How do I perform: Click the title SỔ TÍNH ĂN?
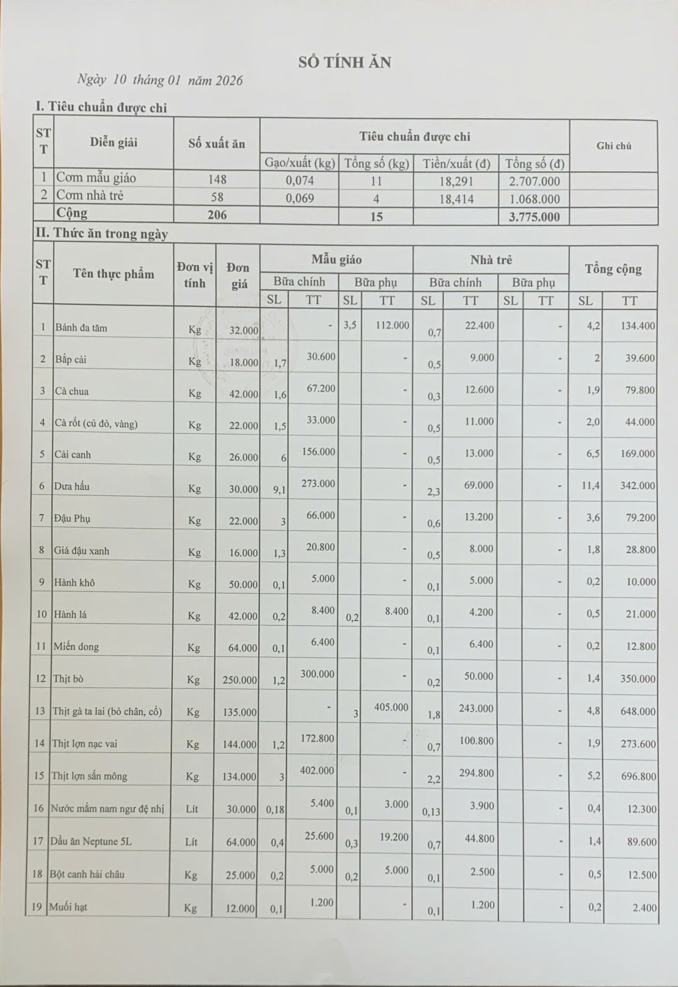coord(344,63)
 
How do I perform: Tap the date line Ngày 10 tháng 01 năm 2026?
coord(160,80)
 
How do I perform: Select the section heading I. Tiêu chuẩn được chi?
coord(101,107)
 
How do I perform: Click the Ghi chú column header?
coord(614,146)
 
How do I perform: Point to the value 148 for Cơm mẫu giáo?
coord(217,179)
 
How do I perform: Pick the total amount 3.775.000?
coord(534,217)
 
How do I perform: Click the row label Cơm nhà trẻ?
coord(90,195)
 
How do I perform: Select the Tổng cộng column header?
coord(613,269)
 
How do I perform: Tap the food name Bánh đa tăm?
coord(81,328)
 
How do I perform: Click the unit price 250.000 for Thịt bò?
coord(240,680)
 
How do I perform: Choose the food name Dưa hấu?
coord(71,486)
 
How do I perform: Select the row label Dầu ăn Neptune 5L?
coord(91,841)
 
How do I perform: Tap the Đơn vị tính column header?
coord(195,275)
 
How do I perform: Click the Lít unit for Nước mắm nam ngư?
coord(192,808)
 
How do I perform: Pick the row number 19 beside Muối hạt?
coord(37,907)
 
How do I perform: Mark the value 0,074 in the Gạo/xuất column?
coord(300,180)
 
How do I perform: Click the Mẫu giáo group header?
coord(336,259)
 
